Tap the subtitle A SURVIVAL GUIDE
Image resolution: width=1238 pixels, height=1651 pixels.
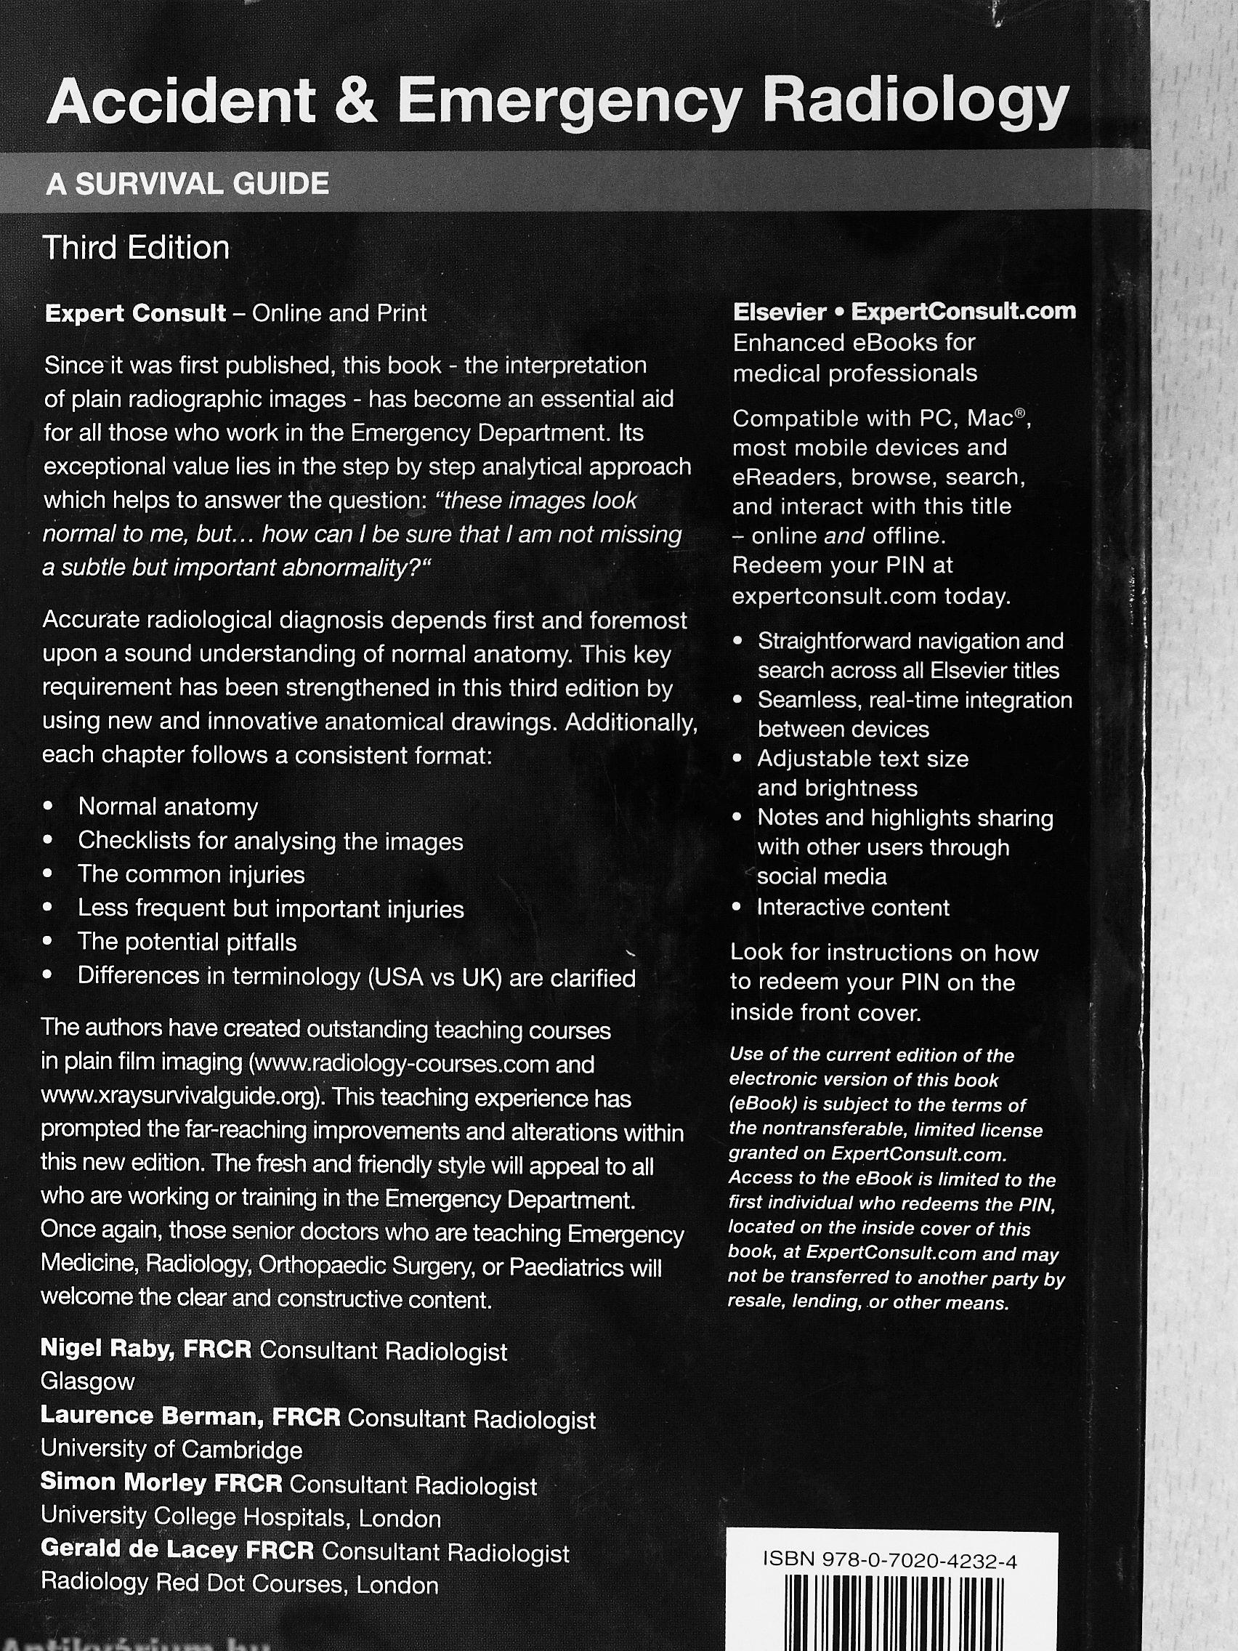(187, 184)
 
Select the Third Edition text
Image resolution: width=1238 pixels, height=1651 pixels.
(137, 248)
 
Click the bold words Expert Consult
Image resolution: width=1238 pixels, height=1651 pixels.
(135, 312)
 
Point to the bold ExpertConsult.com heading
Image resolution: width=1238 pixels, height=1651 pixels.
(963, 311)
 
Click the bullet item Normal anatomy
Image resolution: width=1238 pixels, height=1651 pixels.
(168, 807)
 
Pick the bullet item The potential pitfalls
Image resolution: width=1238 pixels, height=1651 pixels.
(187, 942)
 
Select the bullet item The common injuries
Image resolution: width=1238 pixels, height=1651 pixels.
(191, 874)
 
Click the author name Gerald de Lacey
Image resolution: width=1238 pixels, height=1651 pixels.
(139, 1552)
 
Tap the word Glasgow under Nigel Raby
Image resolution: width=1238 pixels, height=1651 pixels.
(87, 1381)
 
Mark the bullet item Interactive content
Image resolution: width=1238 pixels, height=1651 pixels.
(853, 908)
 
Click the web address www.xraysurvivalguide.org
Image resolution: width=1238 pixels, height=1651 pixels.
(182, 1098)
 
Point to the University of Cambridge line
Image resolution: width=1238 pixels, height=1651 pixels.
(171, 1450)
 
